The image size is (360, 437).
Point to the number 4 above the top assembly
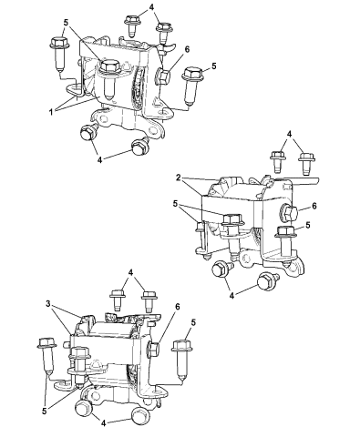click(x=152, y=7)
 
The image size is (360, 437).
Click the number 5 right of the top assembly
click(x=212, y=66)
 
